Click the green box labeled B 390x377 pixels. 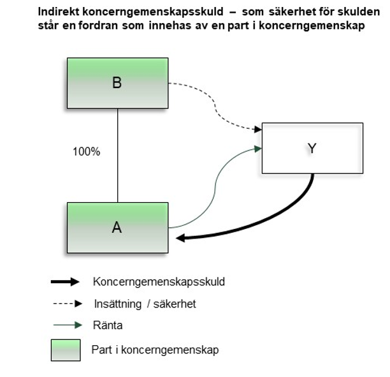pyautogui.click(x=117, y=83)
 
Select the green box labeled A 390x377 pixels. pyautogui.click(x=117, y=228)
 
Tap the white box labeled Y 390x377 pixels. pyautogui.click(x=312, y=149)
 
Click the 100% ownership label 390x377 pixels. pyautogui.click(x=86, y=152)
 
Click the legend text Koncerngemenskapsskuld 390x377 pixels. pyautogui.click(x=159, y=281)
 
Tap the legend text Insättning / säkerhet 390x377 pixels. pyautogui.click(x=144, y=304)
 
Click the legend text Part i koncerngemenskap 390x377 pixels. pyautogui.click(x=155, y=350)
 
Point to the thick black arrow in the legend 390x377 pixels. pyautogui.click(x=66, y=281)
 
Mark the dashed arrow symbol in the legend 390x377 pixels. pyautogui.click(x=66, y=304)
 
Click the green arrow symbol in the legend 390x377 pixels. pyautogui.click(x=66, y=325)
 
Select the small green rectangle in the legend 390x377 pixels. pyautogui.click(x=66, y=350)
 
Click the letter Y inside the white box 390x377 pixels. pyautogui.click(x=312, y=149)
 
